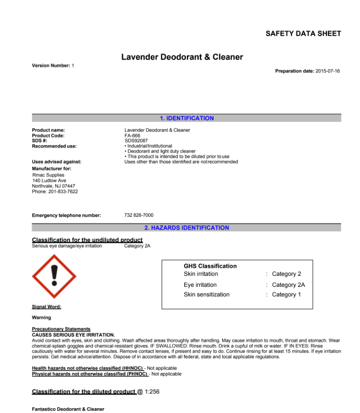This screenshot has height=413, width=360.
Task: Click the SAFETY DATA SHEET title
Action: point(303,33)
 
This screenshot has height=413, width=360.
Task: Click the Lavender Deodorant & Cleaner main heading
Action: point(182,57)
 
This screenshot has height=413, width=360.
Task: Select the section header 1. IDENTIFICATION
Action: point(187,118)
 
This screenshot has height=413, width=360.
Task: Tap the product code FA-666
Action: point(132,136)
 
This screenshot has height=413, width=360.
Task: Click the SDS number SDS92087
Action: point(136,141)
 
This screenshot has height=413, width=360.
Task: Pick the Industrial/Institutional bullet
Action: point(148,146)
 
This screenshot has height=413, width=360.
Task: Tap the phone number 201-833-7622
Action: point(63,191)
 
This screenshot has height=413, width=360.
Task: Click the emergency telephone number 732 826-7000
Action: point(139,215)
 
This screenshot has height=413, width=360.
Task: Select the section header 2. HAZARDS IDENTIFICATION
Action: point(187,228)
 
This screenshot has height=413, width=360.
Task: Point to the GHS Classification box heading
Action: point(210,266)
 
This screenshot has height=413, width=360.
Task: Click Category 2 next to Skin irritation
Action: point(287,274)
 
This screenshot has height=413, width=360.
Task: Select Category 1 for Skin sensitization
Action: point(287,294)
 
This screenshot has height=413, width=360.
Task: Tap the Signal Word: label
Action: point(46,307)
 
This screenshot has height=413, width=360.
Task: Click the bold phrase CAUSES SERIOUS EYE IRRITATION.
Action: point(73,335)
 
